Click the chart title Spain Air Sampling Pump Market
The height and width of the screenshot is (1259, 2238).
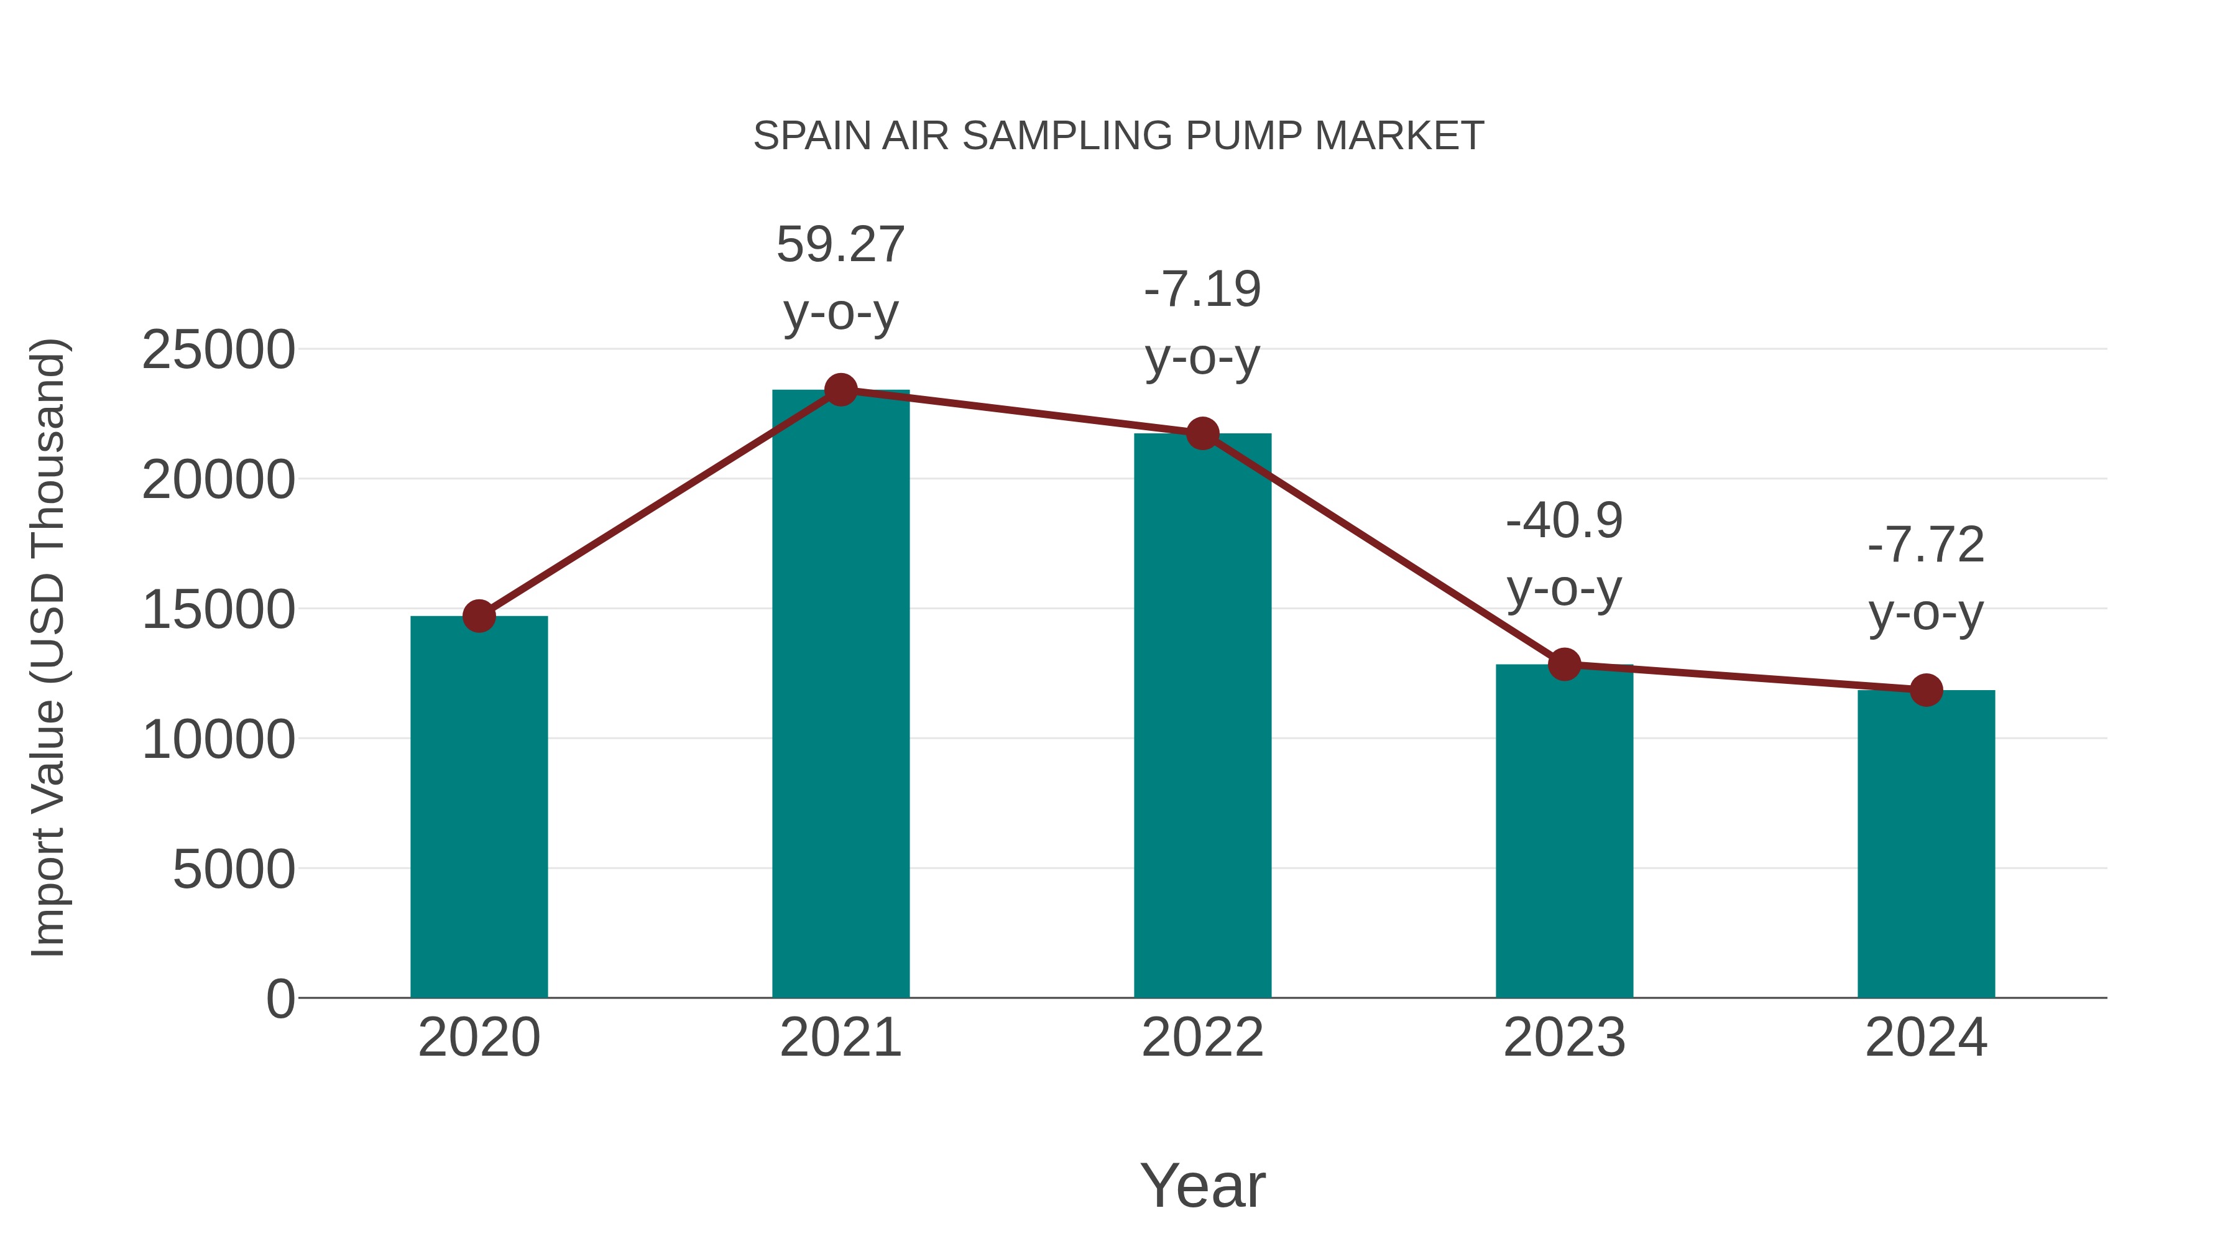[1118, 136]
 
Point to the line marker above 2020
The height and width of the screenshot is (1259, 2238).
[479, 616]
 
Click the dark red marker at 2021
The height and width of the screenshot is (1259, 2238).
[840, 390]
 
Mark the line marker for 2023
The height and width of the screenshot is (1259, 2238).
[1564, 665]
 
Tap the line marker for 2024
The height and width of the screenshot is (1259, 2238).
[1926, 690]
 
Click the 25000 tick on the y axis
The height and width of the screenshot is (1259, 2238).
[218, 350]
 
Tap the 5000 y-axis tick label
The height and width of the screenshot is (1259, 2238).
[234, 869]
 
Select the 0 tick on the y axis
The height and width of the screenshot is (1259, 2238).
[280, 998]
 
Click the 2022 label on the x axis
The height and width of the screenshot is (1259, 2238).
[1202, 1038]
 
